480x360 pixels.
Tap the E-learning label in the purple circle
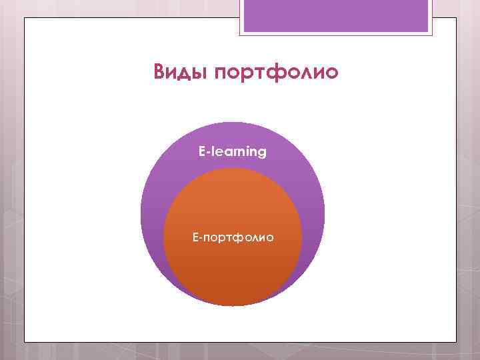point(232,152)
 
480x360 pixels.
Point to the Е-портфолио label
point(232,237)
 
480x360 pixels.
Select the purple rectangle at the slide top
point(336,16)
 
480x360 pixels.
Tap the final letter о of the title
point(331,71)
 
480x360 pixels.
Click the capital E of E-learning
point(201,152)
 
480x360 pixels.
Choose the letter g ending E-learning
point(262,153)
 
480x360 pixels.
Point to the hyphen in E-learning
point(207,153)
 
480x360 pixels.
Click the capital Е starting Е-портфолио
point(195,237)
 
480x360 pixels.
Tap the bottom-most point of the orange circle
point(232,306)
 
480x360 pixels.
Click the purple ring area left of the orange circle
point(152,220)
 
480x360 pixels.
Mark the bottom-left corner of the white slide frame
point(25,341)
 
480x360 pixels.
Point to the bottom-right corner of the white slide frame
point(456,341)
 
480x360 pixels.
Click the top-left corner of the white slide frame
point(25,18)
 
